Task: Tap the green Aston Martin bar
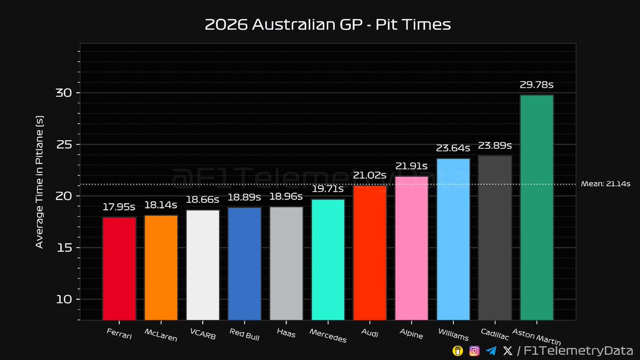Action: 537,207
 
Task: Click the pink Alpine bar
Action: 411,248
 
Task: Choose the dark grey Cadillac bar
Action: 495,238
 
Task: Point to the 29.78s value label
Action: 537,85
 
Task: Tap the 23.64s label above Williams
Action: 453,148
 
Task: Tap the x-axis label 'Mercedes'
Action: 327,335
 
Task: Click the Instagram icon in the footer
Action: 474,350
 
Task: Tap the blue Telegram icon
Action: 491,350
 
